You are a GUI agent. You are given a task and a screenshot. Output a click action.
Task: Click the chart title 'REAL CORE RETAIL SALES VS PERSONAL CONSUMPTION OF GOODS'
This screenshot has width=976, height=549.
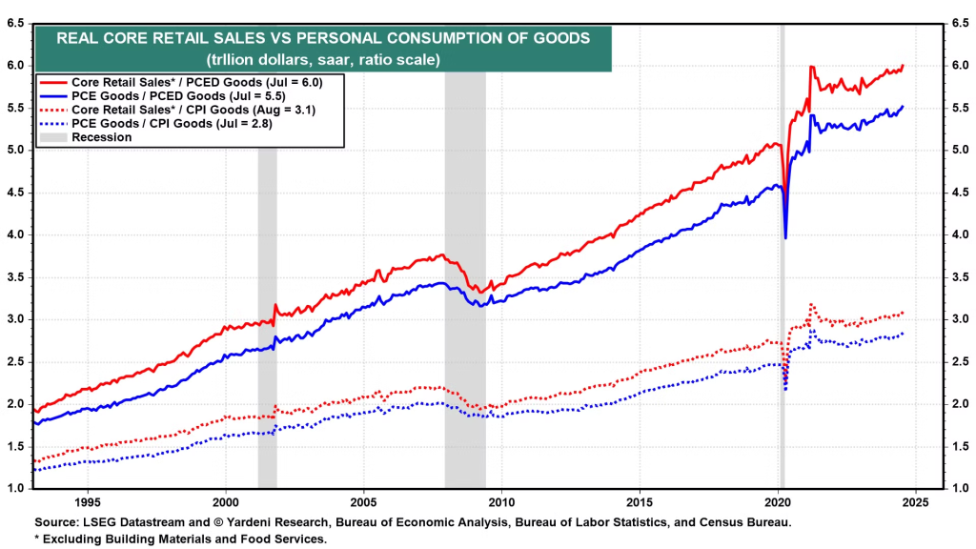pyautogui.click(x=323, y=38)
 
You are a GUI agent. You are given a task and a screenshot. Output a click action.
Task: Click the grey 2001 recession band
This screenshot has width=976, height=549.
pyautogui.click(x=267, y=286)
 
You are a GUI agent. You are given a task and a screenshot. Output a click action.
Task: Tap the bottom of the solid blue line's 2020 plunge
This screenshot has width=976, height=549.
pyautogui.click(x=785, y=237)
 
